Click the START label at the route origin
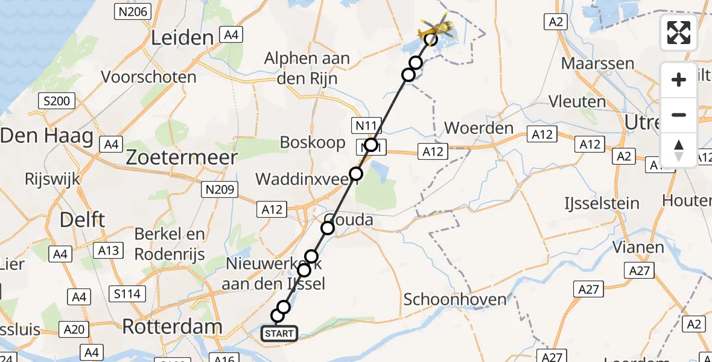279,333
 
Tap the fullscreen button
679,33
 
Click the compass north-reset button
679,150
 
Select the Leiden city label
182,38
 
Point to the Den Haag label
47,136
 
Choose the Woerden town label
478,129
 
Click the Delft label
82,220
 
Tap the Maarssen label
597,63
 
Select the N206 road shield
132,11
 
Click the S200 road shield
57,101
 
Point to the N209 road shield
220,190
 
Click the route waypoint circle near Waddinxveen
356,174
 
